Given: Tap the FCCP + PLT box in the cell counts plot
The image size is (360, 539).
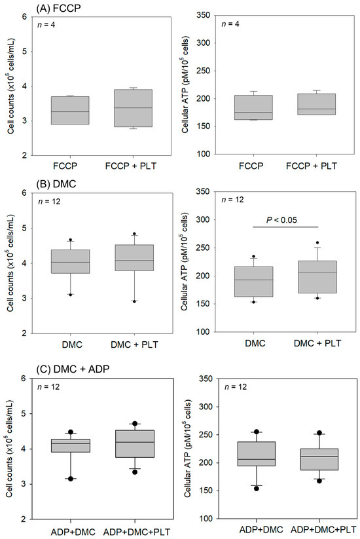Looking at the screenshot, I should click(x=134, y=107).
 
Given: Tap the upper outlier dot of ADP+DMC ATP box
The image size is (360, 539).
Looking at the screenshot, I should click(x=240, y=432).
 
